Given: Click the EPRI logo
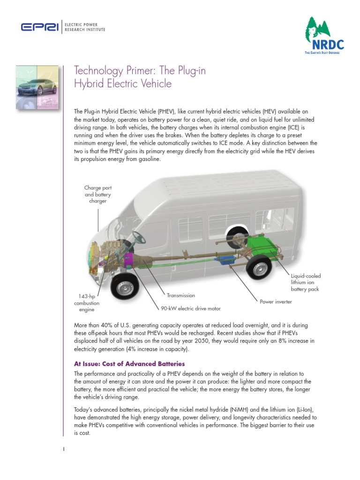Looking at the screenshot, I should [x=39, y=28].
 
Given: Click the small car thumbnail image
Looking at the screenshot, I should [x=37, y=87].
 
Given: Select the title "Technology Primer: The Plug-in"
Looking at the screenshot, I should [x=140, y=71].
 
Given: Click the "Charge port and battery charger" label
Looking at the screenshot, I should [x=97, y=194].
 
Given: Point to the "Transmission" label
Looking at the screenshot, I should [x=180, y=296].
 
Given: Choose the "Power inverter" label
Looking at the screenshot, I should [x=276, y=302].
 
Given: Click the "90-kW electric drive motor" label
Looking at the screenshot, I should [x=187, y=308].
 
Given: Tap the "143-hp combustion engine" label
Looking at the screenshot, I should [x=86, y=303].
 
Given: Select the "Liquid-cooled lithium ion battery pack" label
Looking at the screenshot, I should [x=305, y=283].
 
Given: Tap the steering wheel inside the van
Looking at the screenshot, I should [x=139, y=238].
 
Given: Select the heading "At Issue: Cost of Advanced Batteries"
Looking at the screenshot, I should [x=129, y=364].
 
